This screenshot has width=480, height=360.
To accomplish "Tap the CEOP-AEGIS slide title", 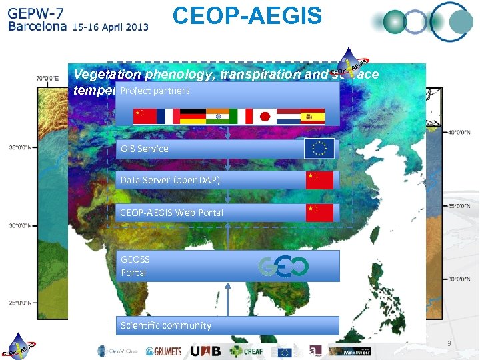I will tap(247, 15).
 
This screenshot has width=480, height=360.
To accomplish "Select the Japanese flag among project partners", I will tap(265, 117).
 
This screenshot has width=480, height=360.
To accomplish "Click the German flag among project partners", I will tap(193, 117).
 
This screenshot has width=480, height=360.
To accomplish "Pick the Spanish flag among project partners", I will tap(312, 117).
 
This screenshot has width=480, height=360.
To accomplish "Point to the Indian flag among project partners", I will tap(217, 117).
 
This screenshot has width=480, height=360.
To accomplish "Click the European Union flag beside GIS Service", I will tap(319, 149).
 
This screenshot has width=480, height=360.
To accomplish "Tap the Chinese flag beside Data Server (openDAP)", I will tap(319, 180).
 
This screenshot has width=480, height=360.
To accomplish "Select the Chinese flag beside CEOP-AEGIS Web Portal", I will tap(319, 213).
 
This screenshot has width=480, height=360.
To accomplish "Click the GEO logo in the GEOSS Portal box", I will tap(283, 267).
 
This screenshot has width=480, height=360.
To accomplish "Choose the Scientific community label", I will tap(166, 325).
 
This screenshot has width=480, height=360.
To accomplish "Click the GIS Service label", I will tap(145, 149).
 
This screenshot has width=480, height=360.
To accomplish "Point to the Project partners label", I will tap(155, 91).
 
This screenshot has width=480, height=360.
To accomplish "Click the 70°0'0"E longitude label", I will tap(47, 78).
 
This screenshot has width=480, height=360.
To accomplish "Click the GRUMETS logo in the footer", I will tap(163, 351).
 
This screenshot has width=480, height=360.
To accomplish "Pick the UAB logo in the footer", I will tap(206, 351).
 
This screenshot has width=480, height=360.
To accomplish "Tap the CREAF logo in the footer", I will tap(249, 351).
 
